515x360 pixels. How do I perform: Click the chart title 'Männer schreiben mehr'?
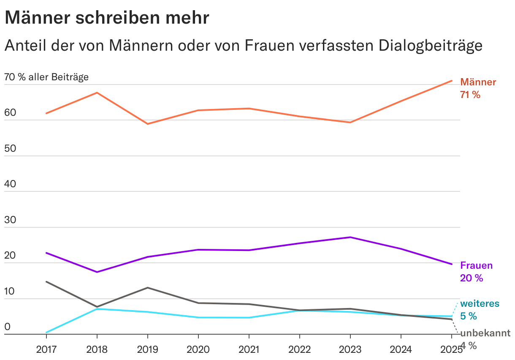107,18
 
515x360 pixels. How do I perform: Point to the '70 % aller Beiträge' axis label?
46,77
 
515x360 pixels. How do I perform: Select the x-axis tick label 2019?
147,349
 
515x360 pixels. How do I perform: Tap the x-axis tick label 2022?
299,349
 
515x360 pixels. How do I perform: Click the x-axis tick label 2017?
46,349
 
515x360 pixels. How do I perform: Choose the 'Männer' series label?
478,82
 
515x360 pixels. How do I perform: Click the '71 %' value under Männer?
470,95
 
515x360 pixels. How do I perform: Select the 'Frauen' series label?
476,265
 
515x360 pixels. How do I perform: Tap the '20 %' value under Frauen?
472,278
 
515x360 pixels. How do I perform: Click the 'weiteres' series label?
480,303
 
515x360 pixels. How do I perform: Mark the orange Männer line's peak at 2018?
97,93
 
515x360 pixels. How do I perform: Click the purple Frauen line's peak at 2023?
350,237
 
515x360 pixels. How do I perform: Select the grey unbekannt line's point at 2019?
147,288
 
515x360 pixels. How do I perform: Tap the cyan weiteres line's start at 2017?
46,333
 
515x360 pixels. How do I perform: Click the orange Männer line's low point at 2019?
147,124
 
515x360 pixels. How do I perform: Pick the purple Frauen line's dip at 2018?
97,272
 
